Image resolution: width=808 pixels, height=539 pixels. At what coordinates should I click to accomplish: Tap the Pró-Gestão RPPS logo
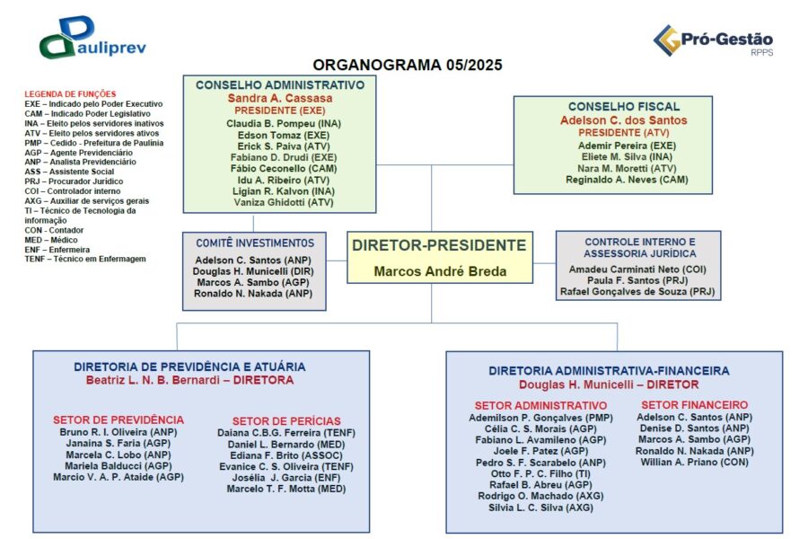pos(713,40)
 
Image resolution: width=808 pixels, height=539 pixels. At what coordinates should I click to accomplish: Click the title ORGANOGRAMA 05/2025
pos(408,65)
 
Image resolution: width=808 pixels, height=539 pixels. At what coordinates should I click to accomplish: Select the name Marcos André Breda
pos(440,271)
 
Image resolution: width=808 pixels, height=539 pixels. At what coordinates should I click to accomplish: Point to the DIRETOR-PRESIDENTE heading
pos(439,245)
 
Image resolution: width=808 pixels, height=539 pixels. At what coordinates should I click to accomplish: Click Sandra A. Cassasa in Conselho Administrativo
pos(279,98)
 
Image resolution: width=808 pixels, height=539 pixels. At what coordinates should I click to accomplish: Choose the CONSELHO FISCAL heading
pos(623,106)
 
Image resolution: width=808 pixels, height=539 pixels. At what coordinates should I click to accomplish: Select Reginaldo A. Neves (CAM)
pos(614,180)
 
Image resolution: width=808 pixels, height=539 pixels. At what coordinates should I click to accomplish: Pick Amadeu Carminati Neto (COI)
pos(639,269)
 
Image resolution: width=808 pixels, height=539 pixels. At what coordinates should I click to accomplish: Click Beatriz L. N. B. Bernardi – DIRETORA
pos(189,380)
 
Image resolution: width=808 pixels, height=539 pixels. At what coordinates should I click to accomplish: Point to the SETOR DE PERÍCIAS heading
pos(286,420)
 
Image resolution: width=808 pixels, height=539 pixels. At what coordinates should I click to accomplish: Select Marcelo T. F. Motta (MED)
pos(286,489)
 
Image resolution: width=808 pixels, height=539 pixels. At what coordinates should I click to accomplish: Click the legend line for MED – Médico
pos(55,240)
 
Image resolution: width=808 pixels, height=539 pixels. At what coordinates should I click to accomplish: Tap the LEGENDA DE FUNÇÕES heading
pos(70,93)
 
